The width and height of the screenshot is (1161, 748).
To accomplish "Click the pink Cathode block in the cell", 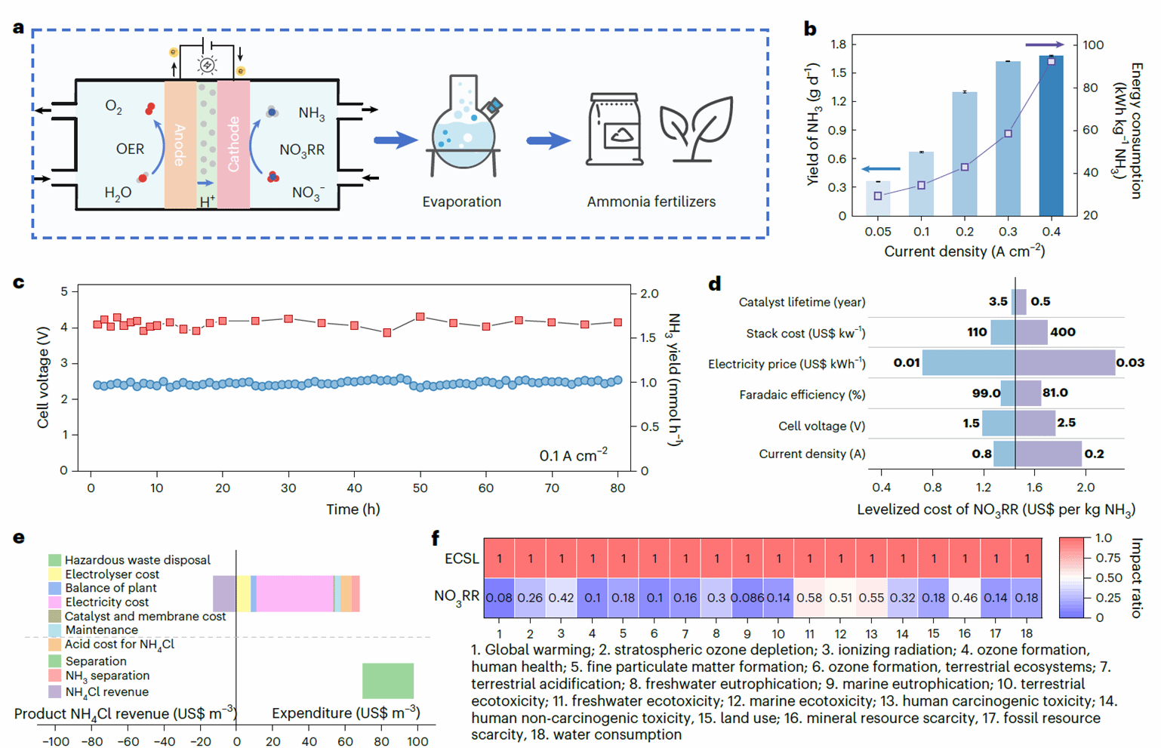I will [x=233, y=144].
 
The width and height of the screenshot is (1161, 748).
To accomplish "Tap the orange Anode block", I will [x=180, y=144].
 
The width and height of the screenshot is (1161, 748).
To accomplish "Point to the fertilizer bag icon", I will [x=615, y=129].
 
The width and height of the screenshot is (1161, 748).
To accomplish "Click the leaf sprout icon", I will [x=696, y=128].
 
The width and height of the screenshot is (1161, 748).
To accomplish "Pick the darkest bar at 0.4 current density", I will [x=1051, y=136].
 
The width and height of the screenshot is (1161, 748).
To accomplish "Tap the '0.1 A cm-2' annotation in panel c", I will [x=573, y=455].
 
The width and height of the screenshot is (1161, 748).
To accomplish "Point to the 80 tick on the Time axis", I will [x=617, y=488].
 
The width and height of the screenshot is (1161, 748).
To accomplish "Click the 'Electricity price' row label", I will [x=787, y=364].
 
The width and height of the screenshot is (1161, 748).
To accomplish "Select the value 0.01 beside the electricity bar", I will [x=906, y=363].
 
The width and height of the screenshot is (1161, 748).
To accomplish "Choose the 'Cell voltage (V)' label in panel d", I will [x=821, y=426].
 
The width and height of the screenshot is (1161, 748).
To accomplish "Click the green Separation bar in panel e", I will [x=388, y=681].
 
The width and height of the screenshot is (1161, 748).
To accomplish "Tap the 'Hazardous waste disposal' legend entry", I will [x=137, y=560].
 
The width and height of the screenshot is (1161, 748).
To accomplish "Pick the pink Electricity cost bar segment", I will [x=295, y=593].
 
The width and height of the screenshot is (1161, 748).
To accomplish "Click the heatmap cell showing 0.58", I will [x=809, y=598].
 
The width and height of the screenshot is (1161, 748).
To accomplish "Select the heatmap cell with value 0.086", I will [x=747, y=598].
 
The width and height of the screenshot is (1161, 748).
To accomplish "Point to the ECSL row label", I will [x=461, y=559].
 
